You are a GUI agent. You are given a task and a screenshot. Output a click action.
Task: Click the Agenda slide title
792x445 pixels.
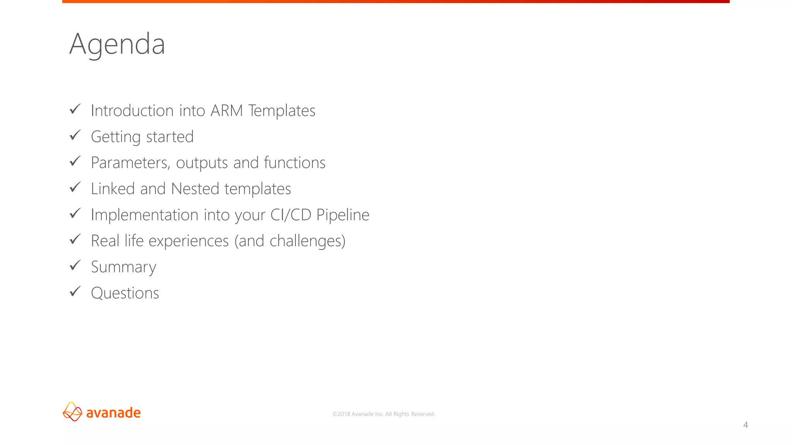coord(117,44)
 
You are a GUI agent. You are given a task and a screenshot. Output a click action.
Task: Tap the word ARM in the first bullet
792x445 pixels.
coord(227,111)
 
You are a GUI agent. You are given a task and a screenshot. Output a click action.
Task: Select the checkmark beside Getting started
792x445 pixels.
coord(75,135)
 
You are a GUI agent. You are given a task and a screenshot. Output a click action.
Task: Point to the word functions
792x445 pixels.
coord(294,163)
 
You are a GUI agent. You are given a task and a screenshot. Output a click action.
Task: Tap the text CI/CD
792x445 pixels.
coord(291,215)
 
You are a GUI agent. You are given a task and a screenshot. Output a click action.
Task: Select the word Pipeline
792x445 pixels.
coord(343,215)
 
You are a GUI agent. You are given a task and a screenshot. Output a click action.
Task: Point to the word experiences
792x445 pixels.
coord(189,241)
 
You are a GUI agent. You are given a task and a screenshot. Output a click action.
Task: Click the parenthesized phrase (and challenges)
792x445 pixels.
coord(290,241)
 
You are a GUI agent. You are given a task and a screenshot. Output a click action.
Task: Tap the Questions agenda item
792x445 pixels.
coord(125,293)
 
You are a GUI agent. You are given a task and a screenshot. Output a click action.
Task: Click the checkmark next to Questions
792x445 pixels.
coord(75,291)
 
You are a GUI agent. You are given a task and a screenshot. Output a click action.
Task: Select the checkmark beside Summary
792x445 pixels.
coord(75,265)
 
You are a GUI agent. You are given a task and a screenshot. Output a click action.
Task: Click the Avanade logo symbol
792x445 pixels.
coord(72,412)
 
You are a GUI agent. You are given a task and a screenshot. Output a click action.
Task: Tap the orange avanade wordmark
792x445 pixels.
coord(113,413)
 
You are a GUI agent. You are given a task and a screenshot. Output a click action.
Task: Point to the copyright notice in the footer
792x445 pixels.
coord(384,414)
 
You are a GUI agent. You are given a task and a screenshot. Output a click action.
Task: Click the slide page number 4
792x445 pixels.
coord(746,425)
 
